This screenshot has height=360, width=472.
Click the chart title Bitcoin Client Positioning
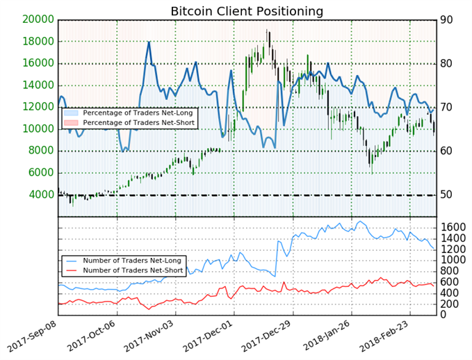[x=247, y=11]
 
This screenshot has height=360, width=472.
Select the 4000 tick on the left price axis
[x=40, y=195]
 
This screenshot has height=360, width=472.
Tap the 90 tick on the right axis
[x=448, y=19]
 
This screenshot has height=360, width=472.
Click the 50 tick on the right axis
[x=448, y=195]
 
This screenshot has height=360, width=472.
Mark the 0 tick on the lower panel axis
[x=444, y=315]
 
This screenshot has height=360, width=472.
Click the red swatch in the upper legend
[x=71, y=123]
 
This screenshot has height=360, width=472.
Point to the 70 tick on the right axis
[x=448, y=107]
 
